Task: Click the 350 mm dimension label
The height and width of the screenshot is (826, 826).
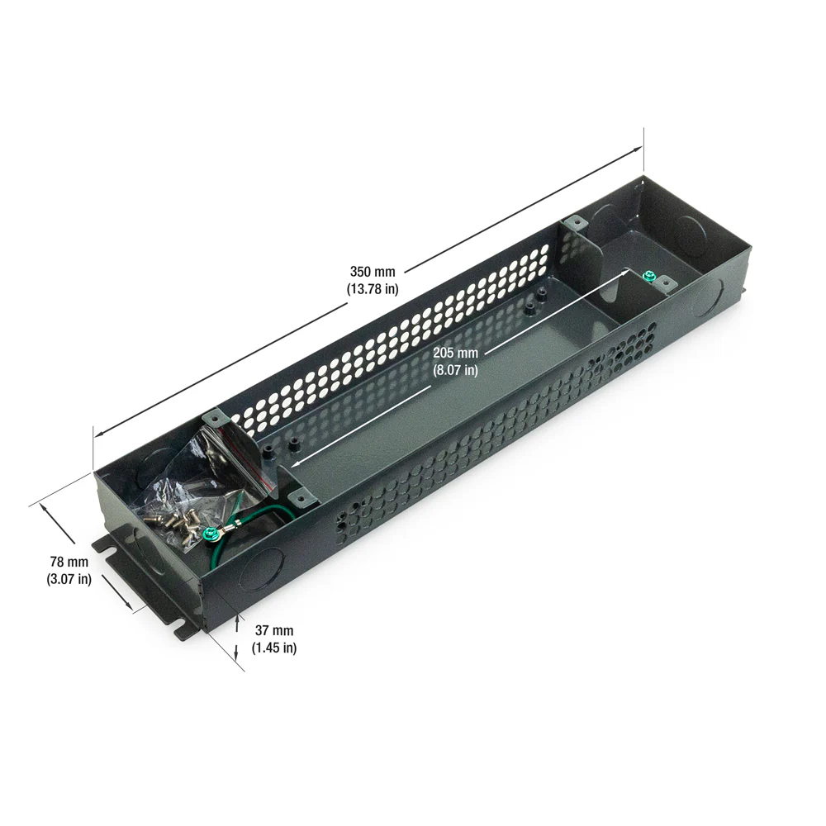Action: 373,272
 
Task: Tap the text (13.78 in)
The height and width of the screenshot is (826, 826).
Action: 373,289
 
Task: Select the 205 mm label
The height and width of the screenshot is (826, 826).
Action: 456,353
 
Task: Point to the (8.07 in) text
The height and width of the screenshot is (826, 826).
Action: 456,370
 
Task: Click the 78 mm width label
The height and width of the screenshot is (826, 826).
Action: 69,562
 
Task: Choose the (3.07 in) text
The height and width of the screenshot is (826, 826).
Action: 69,580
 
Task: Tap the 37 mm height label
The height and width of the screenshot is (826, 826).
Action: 274,630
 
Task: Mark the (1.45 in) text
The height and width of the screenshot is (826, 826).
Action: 274,648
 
